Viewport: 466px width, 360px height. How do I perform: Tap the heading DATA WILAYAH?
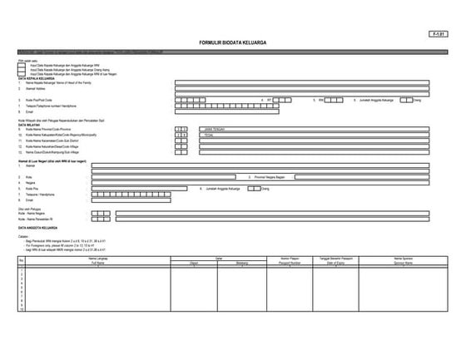click(28, 125)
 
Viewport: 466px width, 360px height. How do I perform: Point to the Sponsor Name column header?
click(403, 264)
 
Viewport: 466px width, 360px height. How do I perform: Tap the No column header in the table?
click(21, 262)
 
